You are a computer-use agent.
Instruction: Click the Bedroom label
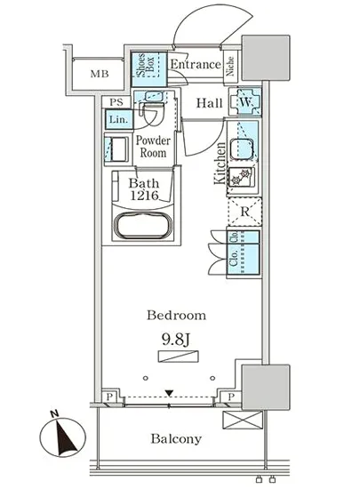point(176,315)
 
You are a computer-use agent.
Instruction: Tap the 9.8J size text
point(176,340)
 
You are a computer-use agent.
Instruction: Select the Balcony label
point(176,439)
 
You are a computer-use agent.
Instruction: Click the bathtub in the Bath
point(143,226)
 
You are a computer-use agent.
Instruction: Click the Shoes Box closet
point(148,69)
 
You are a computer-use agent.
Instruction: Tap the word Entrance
point(196,65)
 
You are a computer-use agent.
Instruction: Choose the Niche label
point(230,66)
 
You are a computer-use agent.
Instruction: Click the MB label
point(100,74)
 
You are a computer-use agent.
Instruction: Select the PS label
point(116,102)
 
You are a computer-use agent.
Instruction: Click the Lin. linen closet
point(119,119)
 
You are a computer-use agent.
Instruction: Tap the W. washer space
point(245,102)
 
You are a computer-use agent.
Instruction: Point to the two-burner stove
point(242,178)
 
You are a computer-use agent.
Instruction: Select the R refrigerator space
point(245,212)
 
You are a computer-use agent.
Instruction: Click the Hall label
point(210,103)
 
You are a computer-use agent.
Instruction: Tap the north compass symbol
point(63,435)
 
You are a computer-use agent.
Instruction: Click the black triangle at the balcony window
point(169,393)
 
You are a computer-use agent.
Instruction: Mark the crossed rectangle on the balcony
point(243,420)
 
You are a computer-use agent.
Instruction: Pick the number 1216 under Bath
point(144,196)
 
